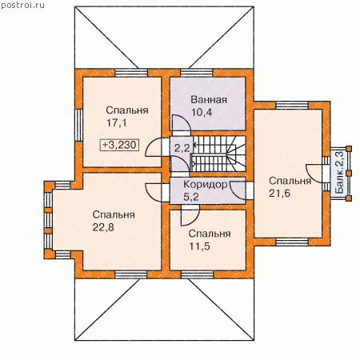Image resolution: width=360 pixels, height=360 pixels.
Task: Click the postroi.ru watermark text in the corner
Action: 22,5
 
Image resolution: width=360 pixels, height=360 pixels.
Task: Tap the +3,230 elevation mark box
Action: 120,145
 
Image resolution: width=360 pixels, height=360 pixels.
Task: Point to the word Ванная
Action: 209,100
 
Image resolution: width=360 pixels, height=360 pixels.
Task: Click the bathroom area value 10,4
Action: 202,112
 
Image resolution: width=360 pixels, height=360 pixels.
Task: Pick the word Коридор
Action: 206,184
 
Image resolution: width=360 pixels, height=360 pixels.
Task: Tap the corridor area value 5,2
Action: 191,197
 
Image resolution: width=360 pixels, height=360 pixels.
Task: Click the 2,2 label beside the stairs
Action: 182,148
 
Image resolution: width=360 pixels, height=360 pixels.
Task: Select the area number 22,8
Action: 103,227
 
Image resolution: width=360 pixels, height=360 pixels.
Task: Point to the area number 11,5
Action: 199,246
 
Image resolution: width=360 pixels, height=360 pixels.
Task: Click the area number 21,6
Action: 279,193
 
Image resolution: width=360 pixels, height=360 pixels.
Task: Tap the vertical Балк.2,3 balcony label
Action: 339,172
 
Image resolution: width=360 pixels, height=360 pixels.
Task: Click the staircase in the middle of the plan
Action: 218,154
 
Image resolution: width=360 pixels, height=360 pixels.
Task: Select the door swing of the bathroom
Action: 182,123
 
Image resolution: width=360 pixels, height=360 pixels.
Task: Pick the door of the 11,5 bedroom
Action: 190,215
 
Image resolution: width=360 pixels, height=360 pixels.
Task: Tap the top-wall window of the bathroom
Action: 197,73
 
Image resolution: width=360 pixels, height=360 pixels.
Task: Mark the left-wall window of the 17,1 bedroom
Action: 78,126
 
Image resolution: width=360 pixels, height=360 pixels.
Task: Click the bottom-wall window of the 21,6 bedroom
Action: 292,242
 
